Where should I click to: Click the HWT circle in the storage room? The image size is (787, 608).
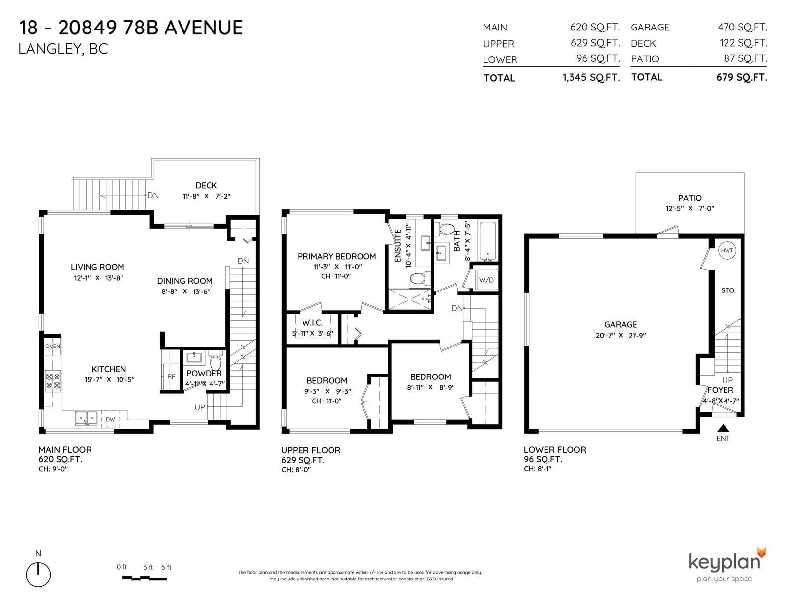pyautogui.click(x=726, y=251)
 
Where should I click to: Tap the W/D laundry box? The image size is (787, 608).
pyautogui.click(x=486, y=279)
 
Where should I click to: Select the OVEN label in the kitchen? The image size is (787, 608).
pyautogui.click(x=53, y=347)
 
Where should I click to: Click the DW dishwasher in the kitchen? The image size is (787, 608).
pyautogui.click(x=110, y=419)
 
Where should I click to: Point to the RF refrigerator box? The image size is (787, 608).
pyautogui.click(x=171, y=376)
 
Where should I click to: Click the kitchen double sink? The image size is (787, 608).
pyautogui.click(x=86, y=418)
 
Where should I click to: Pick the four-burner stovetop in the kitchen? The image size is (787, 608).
pyautogui.click(x=53, y=381)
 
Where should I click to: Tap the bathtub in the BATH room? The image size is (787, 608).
pyautogui.click(x=487, y=241)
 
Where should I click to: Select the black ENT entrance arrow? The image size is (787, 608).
pyautogui.click(x=723, y=428)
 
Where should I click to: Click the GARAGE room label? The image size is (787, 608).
pyautogui.click(x=620, y=324)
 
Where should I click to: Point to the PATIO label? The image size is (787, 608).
pyautogui.click(x=690, y=198)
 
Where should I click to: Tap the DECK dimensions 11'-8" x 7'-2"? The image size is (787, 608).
pyautogui.click(x=207, y=196)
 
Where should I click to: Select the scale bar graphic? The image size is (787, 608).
pyautogui.click(x=145, y=579)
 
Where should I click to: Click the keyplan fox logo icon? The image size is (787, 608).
pyautogui.click(x=761, y=553)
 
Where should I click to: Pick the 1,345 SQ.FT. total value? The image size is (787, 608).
pyautogui.click(x=591, y=77)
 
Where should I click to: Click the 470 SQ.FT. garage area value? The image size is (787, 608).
pyautogui.click(x=742, y=27)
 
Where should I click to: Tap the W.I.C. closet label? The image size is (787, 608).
pyautogui.click(x=312, y=322)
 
